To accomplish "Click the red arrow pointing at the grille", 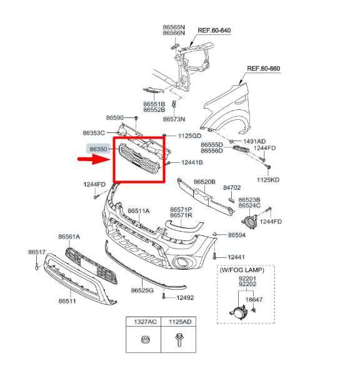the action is [94, 159].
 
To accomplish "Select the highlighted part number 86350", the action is [99, 149].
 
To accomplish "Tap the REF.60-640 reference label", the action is [214, 31].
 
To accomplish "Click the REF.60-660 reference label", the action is [264, 68].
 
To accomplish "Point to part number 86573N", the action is [174, 119].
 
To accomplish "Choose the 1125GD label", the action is [189, 136].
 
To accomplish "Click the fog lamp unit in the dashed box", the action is [237, 311].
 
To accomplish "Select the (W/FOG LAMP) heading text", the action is [242, 270].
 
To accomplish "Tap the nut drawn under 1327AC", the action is [146, 340].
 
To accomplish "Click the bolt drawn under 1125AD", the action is [179, 340].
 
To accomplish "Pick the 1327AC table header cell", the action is [143, 322].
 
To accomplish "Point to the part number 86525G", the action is [142, 290].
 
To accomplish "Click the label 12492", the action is [185, 298].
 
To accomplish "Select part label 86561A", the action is [69, 237].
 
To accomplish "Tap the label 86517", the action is [37, 252].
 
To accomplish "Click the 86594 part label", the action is [237, 235].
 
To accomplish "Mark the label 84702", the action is [232, 187].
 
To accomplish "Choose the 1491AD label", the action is [254, 141].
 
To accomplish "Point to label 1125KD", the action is [268, 180].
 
